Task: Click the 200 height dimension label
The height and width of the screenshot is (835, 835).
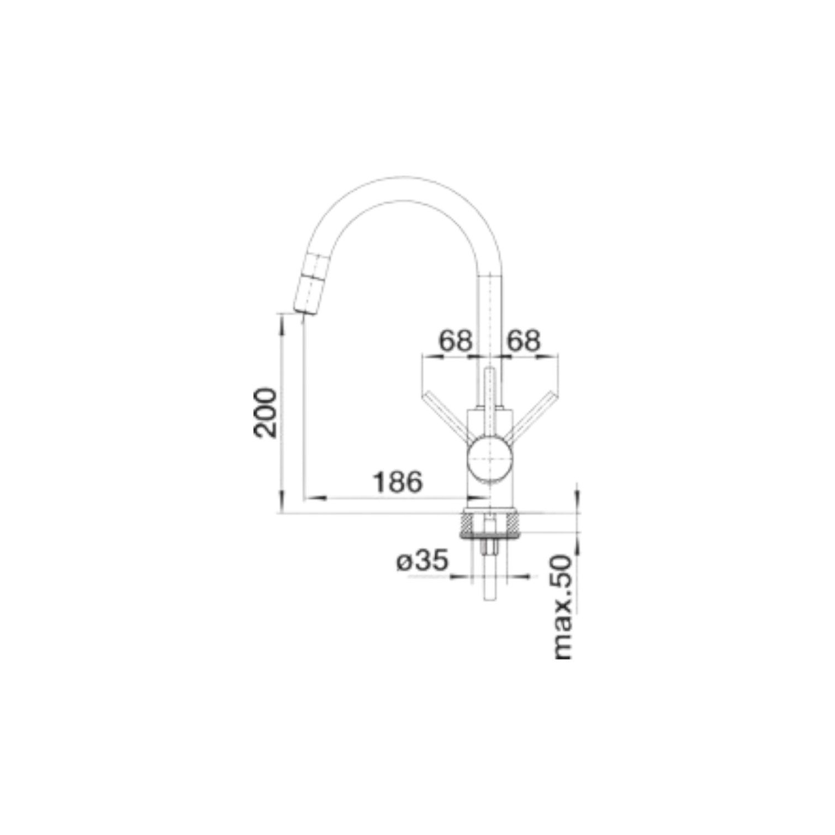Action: click(x=266, y=413)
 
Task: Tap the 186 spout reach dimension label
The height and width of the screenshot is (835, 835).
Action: click(x=398, y=482)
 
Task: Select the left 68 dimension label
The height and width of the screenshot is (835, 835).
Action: click(x=456, y=341)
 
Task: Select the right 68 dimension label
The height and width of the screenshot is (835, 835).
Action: click(x=523, y=341)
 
